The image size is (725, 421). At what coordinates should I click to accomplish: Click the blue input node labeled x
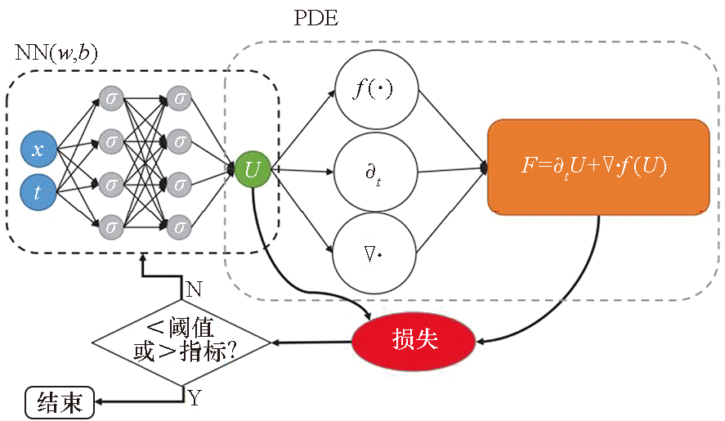38,150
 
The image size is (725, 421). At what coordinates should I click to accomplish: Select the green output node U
253,170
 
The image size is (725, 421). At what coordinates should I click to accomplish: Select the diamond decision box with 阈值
181,341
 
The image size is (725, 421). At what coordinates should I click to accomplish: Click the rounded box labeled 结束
59,401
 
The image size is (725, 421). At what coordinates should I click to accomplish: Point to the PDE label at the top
316,19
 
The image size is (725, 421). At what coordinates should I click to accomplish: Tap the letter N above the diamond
195,289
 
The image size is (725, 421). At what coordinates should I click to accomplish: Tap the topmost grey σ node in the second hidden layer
180,99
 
